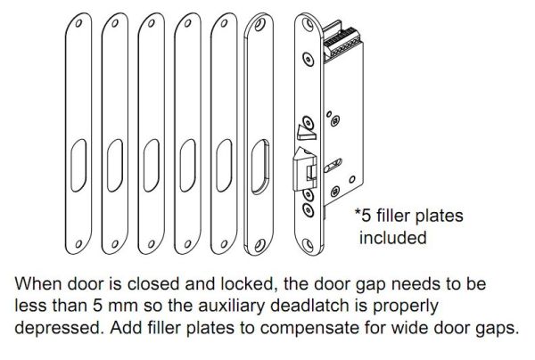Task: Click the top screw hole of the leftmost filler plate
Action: click(78, 23)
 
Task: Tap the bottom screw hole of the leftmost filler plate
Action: click(78, 244)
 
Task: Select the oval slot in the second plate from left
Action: click(115, 166)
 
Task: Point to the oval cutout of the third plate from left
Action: click(152, 166)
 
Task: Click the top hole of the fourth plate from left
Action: click(187, 23)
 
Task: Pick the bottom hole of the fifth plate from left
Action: click(224, 244)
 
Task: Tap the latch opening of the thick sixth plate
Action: click(260, 167)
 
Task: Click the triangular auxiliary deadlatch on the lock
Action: click(307, 132)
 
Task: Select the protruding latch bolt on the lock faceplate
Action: click(305, 168)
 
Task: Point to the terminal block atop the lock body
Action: click(342, 43)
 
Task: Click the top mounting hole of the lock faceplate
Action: click(309, 24)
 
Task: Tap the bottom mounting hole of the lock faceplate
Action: click(308, 244)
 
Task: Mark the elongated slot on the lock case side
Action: click(333, 166)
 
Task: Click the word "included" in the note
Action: click(392, 238)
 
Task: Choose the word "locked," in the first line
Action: click(249, 283)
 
